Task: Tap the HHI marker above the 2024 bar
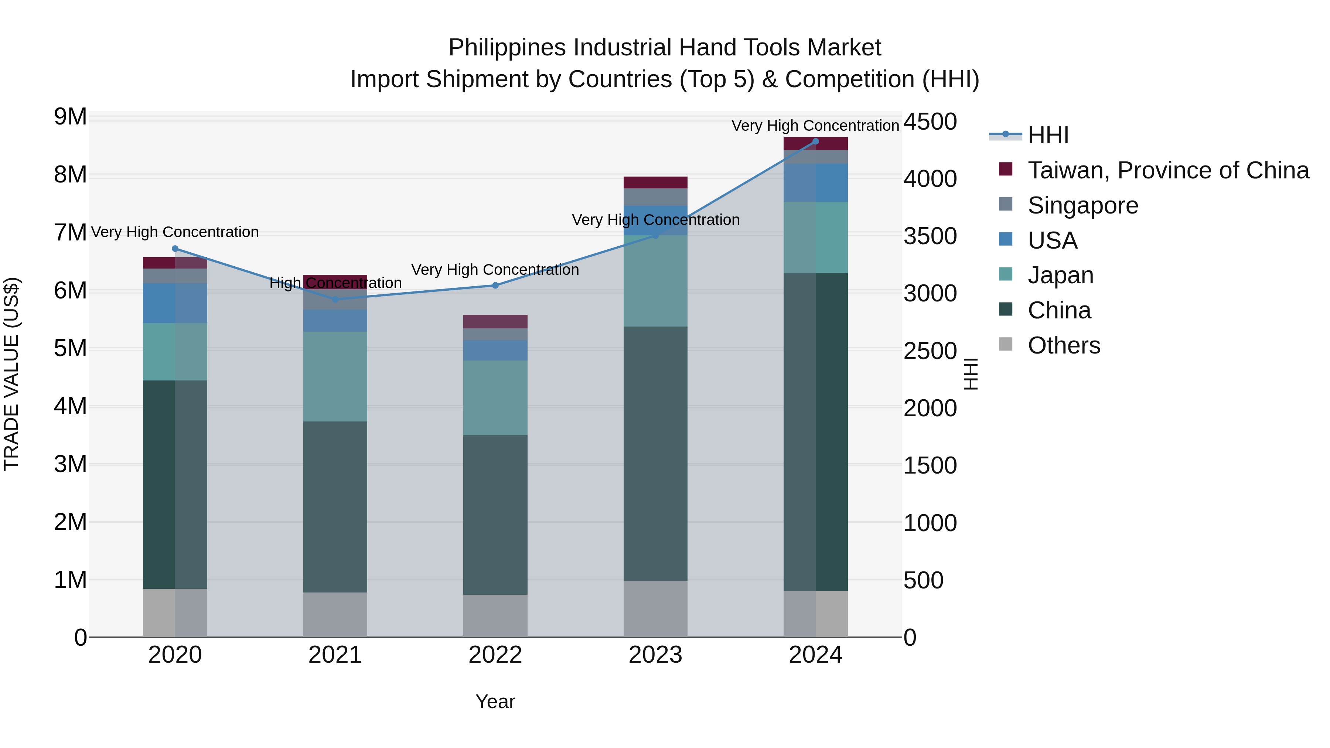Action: [x=816, y=141]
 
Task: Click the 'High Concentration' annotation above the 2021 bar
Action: [x=335, y=283]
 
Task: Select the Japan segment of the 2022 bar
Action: [x=495, y=397]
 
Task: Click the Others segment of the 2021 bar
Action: [x=335, y=614]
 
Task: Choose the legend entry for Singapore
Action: [x=1083, y=205]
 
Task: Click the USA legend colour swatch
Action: [x=1006, y=239]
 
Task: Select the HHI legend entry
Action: [x=1048, y=135]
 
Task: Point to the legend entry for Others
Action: [x=1064, y=345]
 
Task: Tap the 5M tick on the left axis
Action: [x=70, y=348]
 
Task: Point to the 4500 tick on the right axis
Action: [x=930, y=122]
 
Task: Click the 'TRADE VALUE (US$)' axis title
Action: [x=11, y=374]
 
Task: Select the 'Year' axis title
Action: [x=495, y=701]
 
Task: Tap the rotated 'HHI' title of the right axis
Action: [x=971, y=374]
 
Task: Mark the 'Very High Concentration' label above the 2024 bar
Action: [x=815, y=126]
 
